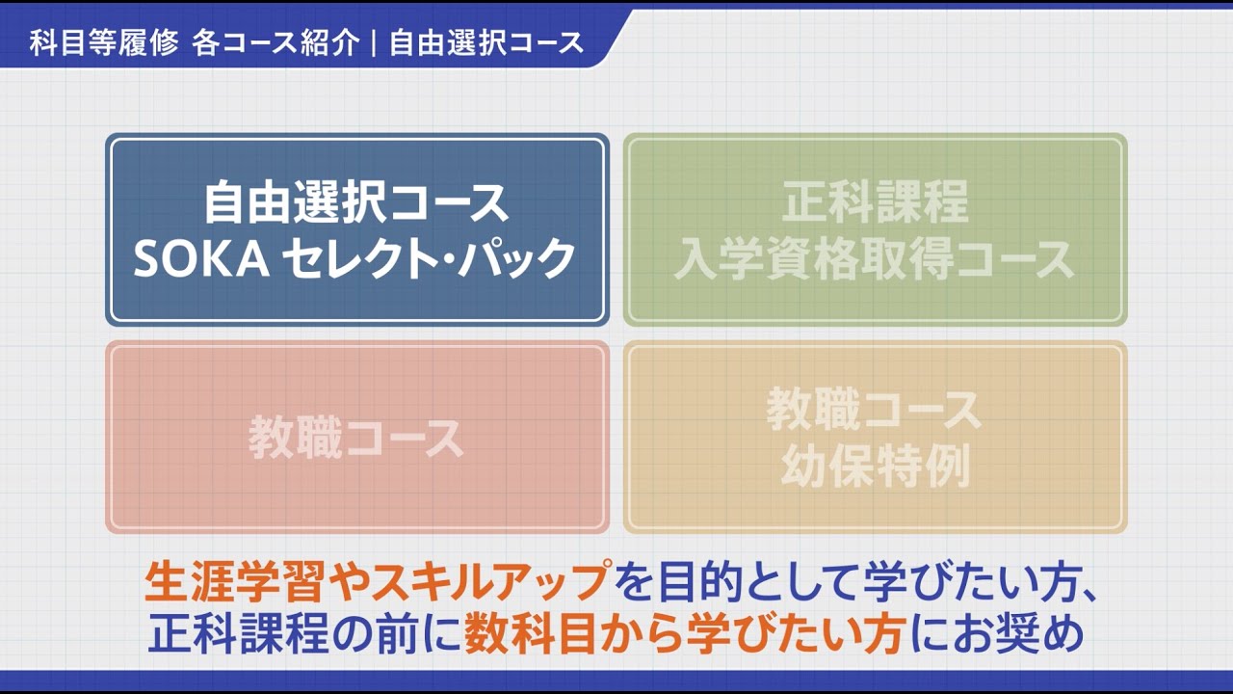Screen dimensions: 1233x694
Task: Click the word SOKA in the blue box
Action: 201,259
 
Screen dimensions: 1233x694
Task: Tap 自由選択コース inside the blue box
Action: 356,202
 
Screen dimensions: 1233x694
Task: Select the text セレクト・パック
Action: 430,258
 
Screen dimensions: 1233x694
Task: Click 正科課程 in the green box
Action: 876,201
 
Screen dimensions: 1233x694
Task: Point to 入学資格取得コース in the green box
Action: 876,259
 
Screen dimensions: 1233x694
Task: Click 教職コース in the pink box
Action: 356,438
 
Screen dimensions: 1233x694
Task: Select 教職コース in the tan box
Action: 876,410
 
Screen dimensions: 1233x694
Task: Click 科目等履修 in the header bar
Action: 104,42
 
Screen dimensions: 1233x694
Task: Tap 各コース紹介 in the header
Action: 275,42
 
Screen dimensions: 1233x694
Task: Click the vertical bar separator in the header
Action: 375,42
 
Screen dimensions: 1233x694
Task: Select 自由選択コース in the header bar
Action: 486,42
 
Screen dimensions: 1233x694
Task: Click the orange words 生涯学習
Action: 235,581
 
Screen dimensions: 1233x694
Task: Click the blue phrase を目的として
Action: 738,581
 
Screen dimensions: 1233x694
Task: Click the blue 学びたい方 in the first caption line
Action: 972,581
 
